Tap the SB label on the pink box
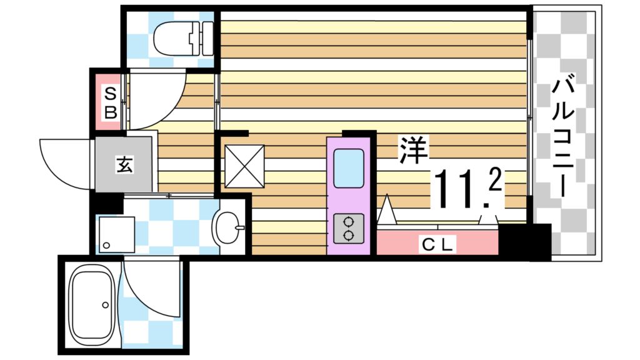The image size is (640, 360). tap(110, 104)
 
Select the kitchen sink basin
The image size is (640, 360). tap(348, 168)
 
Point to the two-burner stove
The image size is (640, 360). tap(348, 229)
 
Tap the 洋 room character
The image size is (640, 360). tap(410, 150)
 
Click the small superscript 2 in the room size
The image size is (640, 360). tap(494, 180)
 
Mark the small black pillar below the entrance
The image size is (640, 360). tap(107, 204)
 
